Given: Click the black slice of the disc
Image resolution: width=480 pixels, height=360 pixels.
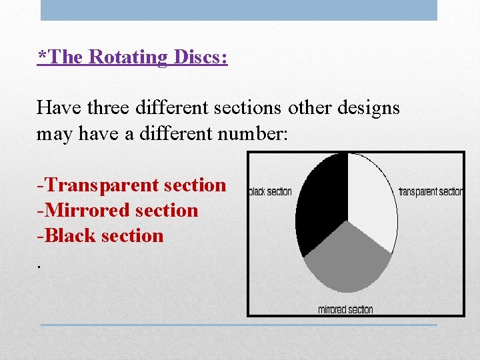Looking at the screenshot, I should [x=320, y=200].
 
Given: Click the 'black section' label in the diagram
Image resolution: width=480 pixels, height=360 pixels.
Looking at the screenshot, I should [x=271, y=192].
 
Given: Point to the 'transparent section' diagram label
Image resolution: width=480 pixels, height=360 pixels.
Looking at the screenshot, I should [x=430, y=192].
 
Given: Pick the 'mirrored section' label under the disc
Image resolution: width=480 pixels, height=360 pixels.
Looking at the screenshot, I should [x=345, y=309].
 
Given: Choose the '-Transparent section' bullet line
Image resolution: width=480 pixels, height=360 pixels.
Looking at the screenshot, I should [x=132, y=185].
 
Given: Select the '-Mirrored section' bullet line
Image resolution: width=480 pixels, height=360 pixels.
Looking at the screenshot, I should [x=118, y=211].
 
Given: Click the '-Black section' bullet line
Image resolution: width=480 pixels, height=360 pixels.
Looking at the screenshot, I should [x=101, y=236].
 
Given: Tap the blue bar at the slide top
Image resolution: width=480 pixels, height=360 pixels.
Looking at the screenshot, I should [x=239, y=10].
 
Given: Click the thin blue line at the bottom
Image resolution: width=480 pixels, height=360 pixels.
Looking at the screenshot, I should [x=239, y=325].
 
